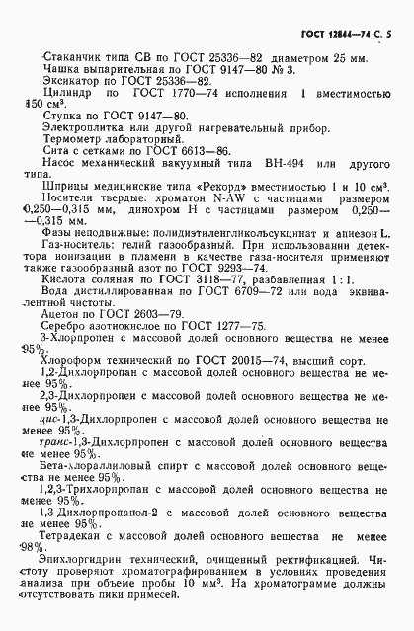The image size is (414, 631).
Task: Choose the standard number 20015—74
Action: coord(245,392)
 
